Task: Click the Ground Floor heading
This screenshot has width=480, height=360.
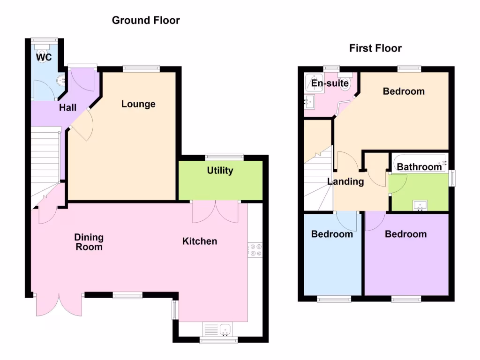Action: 146,20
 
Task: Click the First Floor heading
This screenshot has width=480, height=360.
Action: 375,48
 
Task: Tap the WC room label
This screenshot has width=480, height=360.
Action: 44,57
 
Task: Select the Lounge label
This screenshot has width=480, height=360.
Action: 138,104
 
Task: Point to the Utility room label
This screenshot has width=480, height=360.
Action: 220,171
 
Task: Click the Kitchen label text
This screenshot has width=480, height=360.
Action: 200,241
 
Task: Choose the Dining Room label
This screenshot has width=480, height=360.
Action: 89,242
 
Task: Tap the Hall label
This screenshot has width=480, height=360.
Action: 67,108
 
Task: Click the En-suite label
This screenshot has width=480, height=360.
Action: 330,84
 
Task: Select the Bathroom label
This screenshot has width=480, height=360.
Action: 420,166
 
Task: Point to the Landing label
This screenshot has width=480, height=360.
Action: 345,182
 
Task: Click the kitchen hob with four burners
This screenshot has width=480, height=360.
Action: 255,249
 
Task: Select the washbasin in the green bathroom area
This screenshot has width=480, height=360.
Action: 420,205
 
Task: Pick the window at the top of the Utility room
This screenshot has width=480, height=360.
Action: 224,157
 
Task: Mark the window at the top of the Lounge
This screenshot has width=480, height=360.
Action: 141,69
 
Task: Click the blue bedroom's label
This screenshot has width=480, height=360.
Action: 332,234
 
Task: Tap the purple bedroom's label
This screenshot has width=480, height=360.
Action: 405,234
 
